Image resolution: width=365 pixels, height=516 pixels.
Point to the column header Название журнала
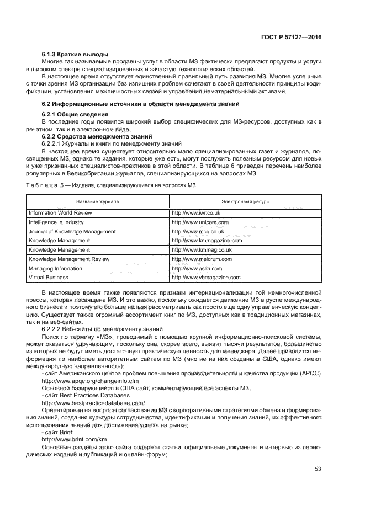click(x=98, y=202)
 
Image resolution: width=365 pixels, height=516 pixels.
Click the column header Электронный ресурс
click(x=245, y=202)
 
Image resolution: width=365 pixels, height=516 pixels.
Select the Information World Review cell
click(x=60, y=212)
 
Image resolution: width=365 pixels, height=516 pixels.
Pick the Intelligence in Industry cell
click(x=56, y=222)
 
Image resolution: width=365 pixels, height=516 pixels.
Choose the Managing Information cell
click(x=55, y=268)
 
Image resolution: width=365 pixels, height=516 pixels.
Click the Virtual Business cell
click(x=49, y=278)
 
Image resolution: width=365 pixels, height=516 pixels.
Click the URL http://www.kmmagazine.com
click(x=207, y=241)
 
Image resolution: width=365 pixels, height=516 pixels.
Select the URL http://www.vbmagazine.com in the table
click(x=206, y=278)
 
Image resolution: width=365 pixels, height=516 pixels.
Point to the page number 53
click(x=318, y=469)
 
